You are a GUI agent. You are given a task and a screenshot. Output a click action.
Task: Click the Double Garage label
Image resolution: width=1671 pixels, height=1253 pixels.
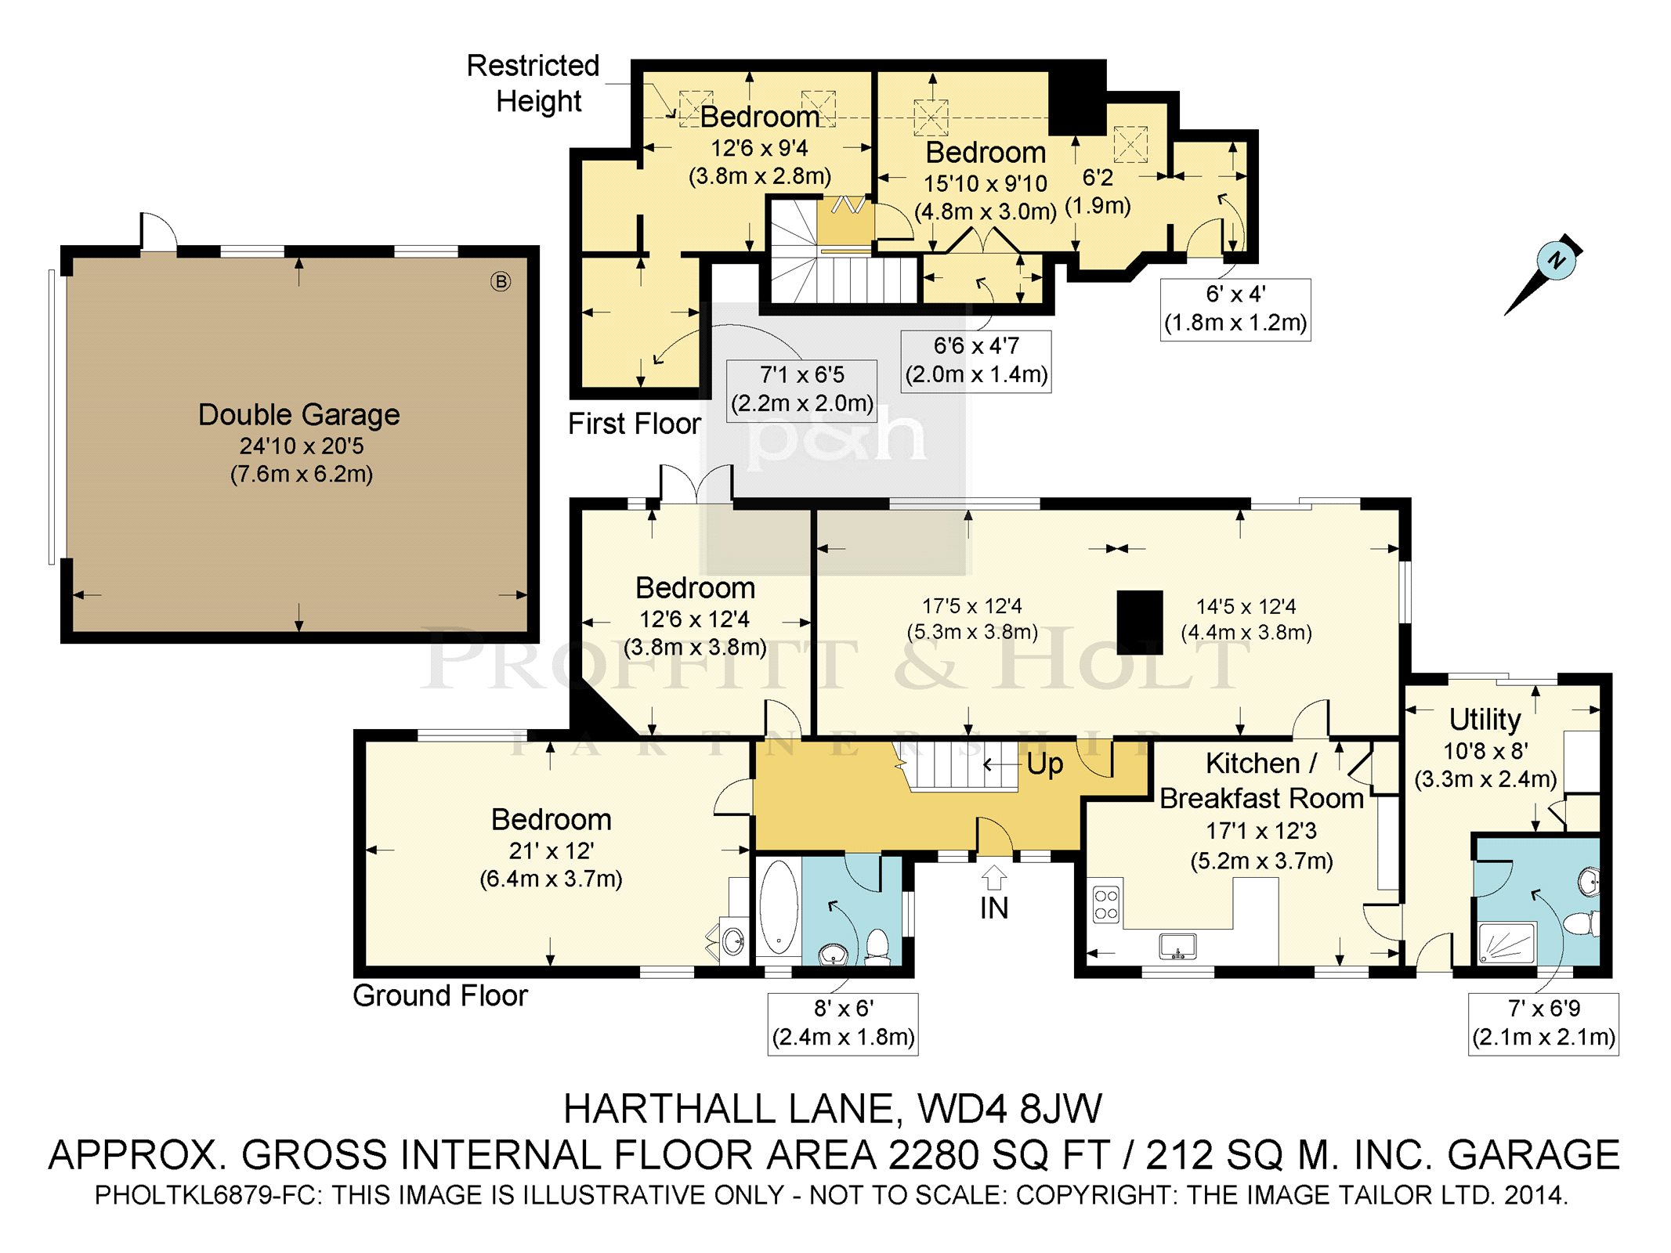pos(298,414)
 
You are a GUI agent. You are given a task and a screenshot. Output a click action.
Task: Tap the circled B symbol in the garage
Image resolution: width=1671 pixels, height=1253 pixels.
pos(501,281)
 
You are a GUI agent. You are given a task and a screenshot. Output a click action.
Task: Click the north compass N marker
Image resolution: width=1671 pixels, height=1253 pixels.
pos(1557,259)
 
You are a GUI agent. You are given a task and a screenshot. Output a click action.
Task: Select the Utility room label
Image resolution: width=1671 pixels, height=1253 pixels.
pos(1485,719)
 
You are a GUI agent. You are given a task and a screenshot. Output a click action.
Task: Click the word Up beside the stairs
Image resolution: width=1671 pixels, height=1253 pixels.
pos(1044,764)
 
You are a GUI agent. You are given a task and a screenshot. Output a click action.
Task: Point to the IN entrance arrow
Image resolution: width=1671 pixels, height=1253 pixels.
pos(993,876)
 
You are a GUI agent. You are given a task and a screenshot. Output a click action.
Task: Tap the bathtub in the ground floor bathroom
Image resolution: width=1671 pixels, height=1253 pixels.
pos(778,907)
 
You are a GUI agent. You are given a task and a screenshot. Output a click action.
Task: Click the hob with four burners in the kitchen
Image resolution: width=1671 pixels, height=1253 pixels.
pos(1106,904)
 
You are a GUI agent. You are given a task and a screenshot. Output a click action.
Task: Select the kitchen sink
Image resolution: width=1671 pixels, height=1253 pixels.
pos(1177,946)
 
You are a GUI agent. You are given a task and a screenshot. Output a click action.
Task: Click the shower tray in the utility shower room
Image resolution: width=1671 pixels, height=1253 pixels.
pos(1506,943)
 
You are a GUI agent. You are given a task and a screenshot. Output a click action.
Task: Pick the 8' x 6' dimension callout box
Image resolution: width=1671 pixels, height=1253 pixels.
pos(843,1024)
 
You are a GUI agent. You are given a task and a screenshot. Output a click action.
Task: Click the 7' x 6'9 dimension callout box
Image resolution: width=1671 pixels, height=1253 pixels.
pos(1543,1024)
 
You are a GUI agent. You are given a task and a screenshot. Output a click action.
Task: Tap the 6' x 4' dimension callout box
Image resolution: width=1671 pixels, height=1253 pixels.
pos(1235,309)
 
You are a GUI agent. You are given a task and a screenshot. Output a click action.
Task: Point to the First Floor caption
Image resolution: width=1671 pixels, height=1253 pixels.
pos(634,424)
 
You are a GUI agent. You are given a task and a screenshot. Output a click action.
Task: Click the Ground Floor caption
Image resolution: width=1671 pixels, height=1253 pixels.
pos(440,995)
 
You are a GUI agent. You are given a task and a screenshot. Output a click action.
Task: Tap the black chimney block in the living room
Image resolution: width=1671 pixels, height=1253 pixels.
pos(1139,623)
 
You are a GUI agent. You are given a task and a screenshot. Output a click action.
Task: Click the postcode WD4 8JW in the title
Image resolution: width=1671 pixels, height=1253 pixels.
pos(1010,1109)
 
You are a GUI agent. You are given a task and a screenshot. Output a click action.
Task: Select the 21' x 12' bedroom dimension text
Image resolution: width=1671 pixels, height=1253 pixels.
pos(551,851)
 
